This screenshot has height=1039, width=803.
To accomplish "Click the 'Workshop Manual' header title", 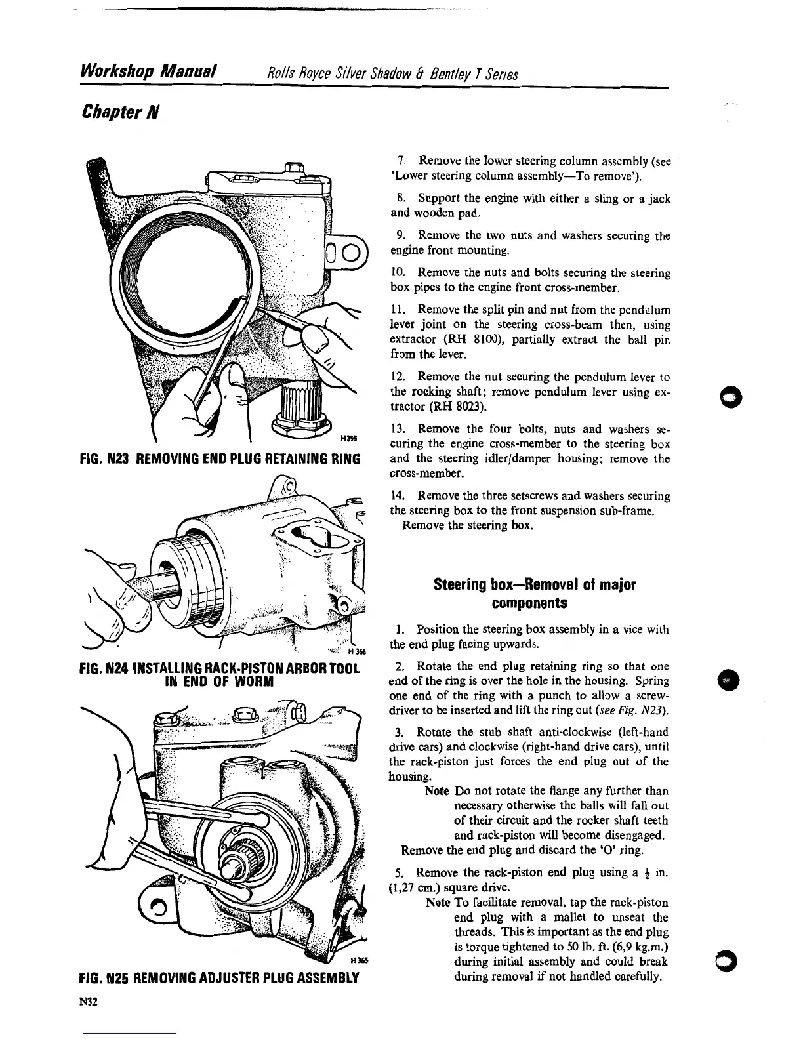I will click(x=148, y=70).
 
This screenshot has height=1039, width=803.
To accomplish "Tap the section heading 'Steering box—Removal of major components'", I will click(x=535, y=593).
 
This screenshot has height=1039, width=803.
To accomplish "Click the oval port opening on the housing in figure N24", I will click(x=308, y=537).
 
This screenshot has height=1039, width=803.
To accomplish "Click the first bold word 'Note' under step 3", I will click(x=437, y=791).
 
